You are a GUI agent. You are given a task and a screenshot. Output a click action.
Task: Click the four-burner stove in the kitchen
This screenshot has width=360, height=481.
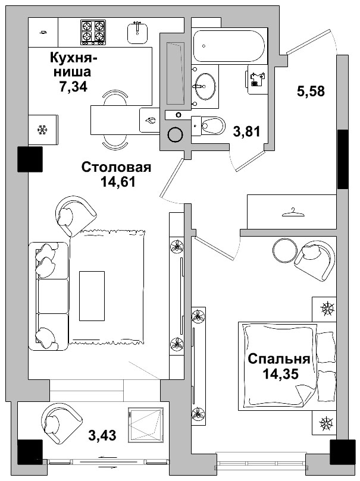coord(93,32)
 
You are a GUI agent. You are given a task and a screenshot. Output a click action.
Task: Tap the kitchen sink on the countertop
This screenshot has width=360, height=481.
coord(138,32)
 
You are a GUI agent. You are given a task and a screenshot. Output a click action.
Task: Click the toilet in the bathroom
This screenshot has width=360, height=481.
coord(210,125)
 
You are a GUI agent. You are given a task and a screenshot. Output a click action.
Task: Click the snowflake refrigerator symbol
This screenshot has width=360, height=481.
coord(42,130)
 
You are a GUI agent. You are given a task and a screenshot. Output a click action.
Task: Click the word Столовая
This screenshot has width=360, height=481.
coord(116,167)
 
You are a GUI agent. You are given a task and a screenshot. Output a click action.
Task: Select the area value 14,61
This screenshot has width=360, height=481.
coord(118,182)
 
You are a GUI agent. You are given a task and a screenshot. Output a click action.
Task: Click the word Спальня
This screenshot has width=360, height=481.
coord(278,359)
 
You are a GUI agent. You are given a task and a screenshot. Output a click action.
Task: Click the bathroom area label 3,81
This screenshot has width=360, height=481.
coord(246,132)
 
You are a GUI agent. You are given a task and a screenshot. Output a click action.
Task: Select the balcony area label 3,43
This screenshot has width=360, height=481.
coord(102,436)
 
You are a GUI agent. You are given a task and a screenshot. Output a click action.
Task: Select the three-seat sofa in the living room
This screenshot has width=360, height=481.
coord(49,295)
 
